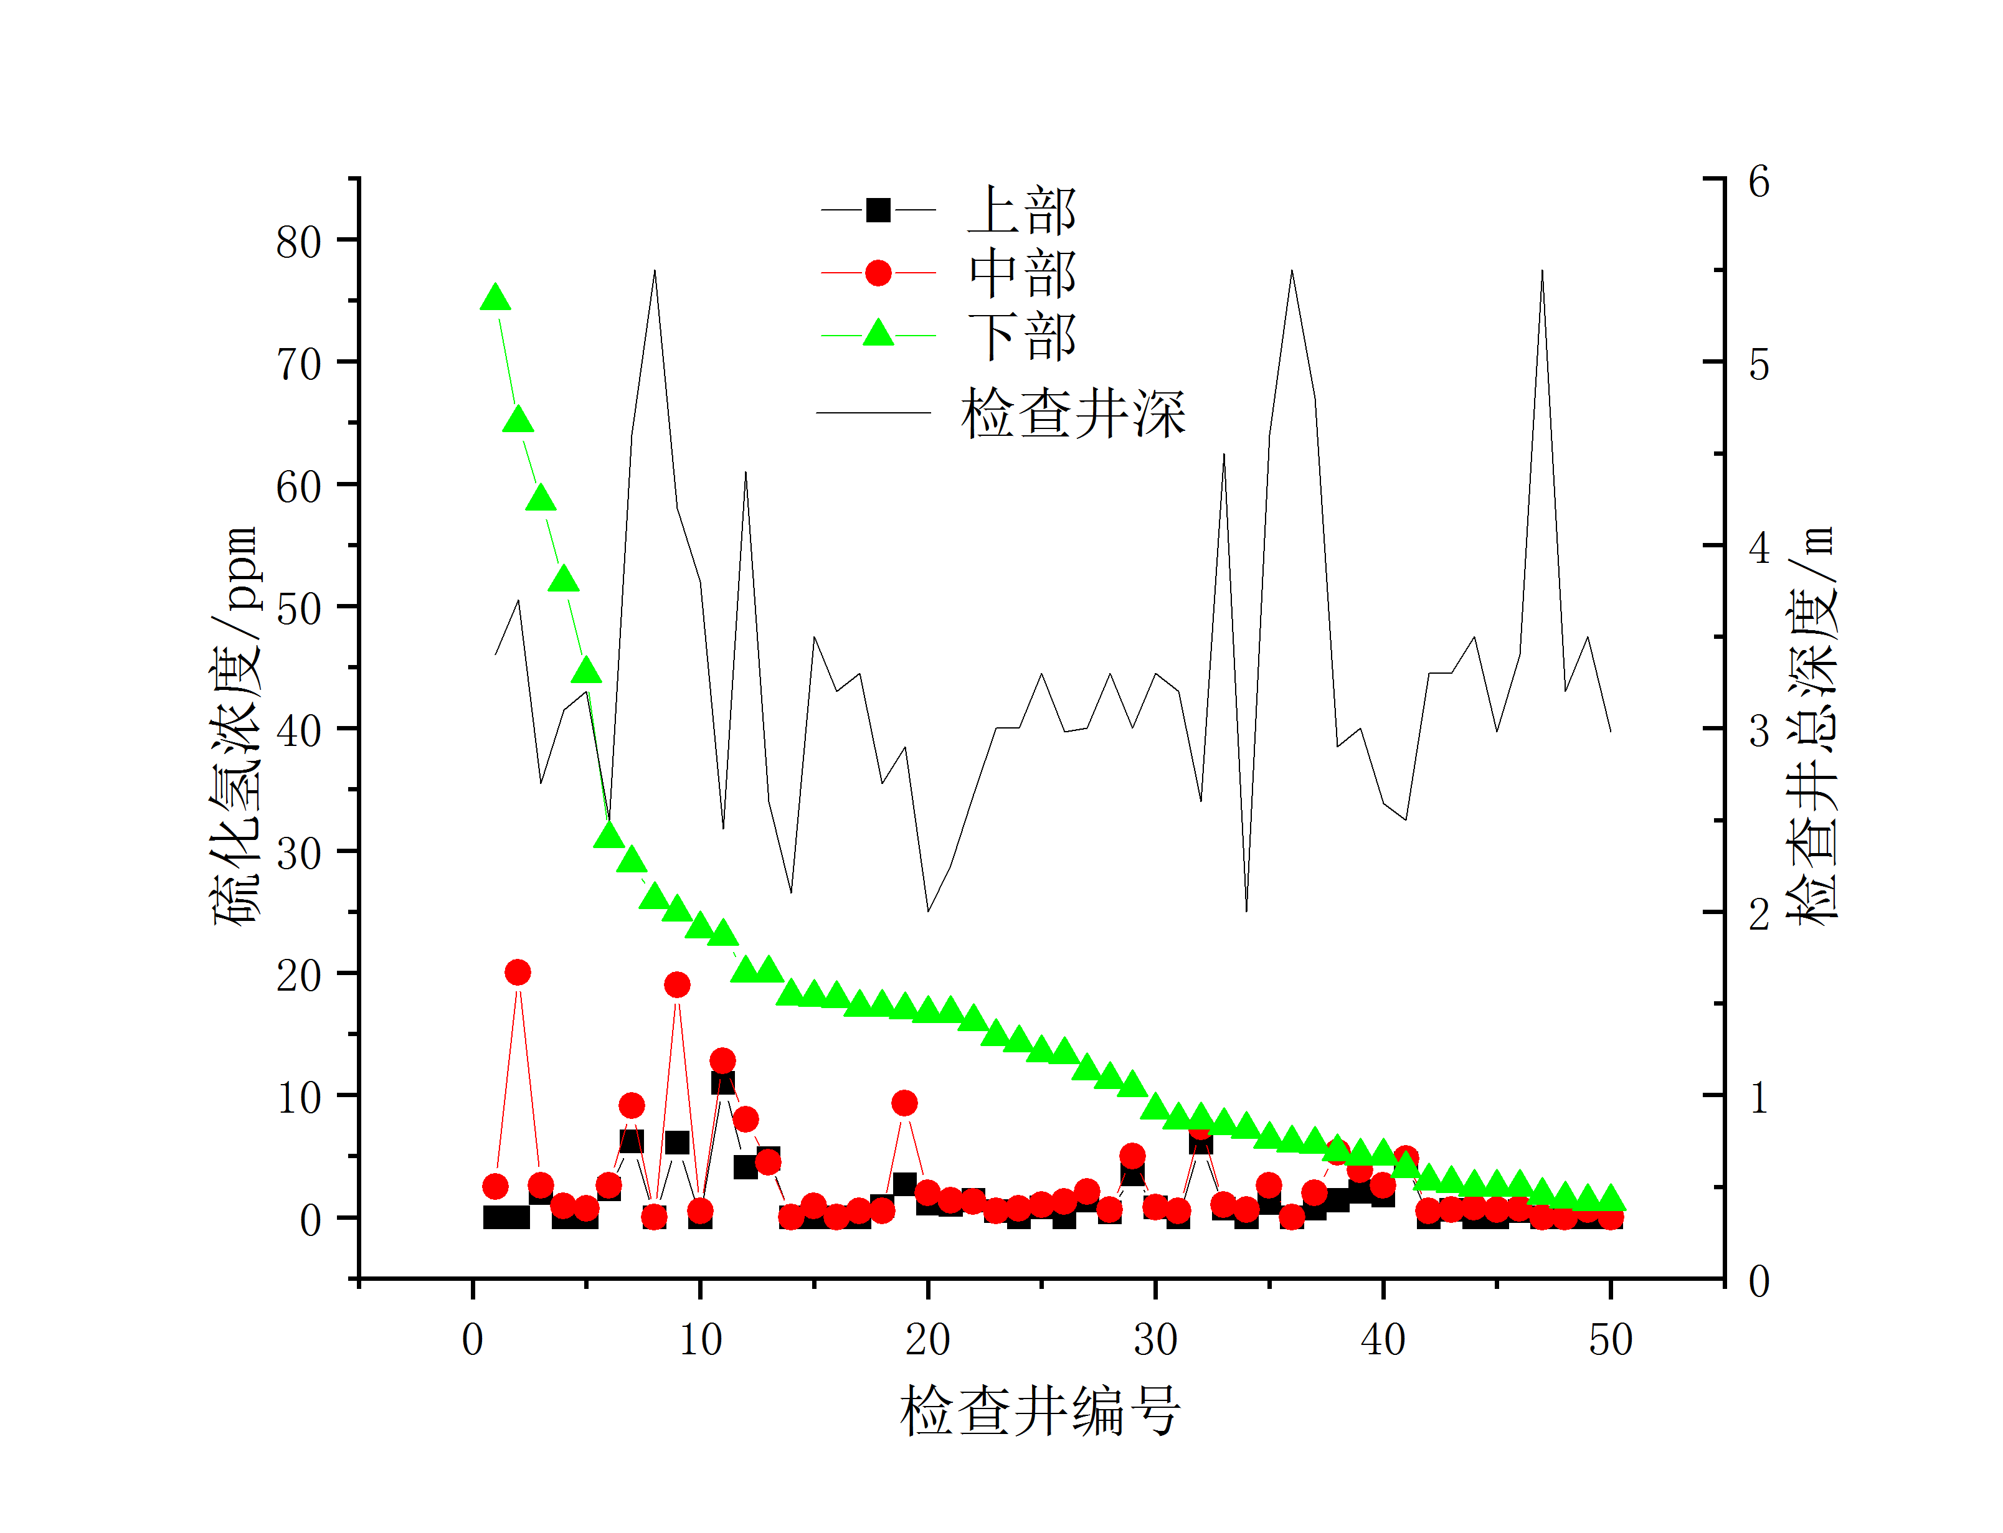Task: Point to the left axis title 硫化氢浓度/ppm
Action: point(236,725)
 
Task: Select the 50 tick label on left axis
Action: point(298,608)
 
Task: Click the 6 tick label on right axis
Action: point(1758,182)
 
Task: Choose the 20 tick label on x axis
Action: point(927,1339)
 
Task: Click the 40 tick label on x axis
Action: point(1383,1339)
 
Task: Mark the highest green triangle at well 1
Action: point(496,298)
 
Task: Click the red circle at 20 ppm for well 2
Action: point(518,973)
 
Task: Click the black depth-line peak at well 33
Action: point(1224,455)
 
